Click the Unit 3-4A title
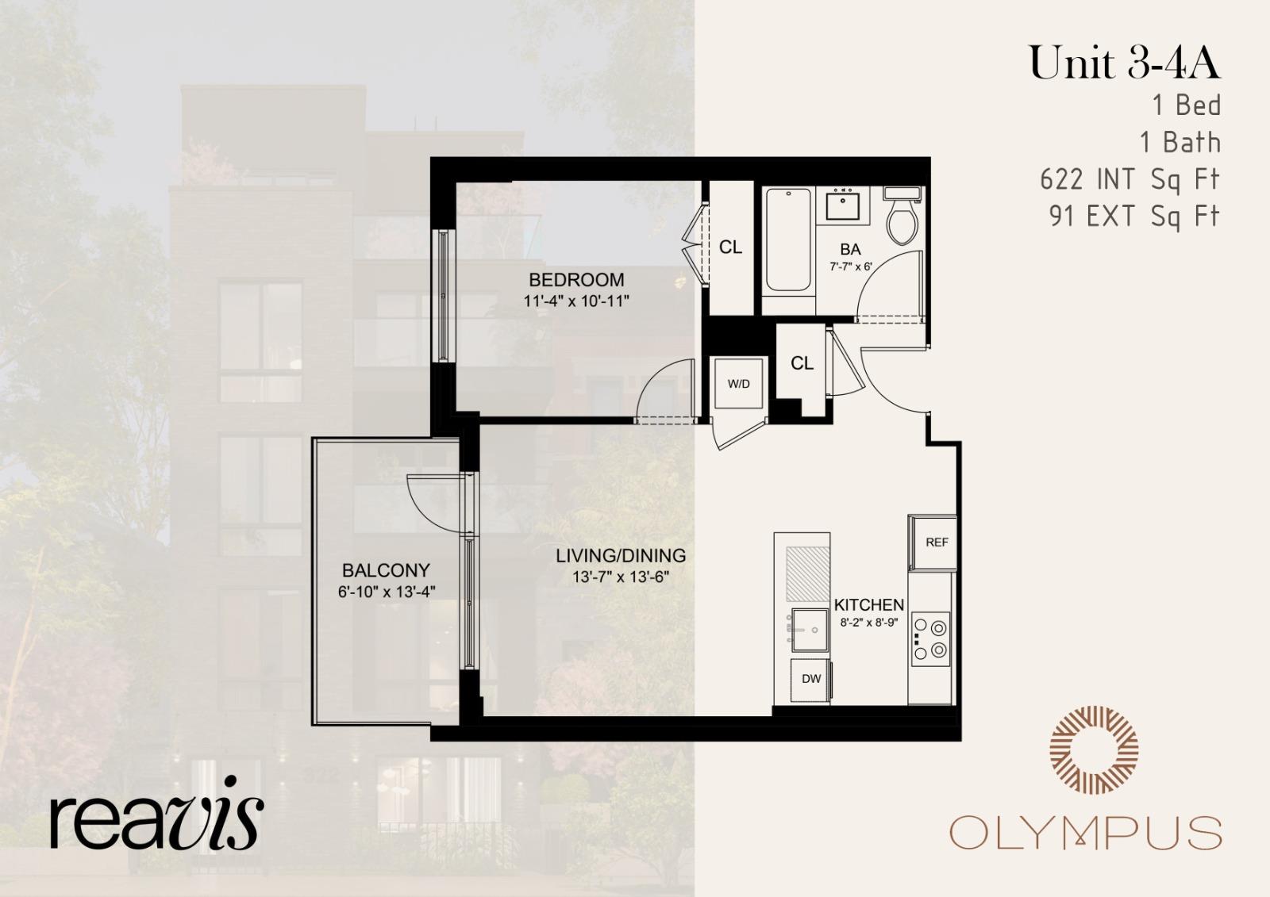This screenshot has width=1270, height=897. pos(1124,63)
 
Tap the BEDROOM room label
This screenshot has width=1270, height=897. pos(576,280)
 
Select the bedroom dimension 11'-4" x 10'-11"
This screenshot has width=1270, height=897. pos(576,301)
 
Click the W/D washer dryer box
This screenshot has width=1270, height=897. pos(739,384)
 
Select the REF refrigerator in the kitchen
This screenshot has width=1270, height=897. pos(936,542)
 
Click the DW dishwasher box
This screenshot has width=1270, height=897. pos(810,679)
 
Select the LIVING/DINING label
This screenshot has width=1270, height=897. pos(621,556)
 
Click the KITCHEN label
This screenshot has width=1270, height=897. pos(869,604)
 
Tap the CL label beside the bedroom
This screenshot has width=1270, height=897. pos(730,247)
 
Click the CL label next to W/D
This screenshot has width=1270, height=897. pos(802,363)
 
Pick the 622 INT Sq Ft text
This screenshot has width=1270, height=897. pos(1130,180)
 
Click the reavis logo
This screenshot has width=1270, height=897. pos(156,813)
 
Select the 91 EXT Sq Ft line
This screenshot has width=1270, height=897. pos(1133,216)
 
